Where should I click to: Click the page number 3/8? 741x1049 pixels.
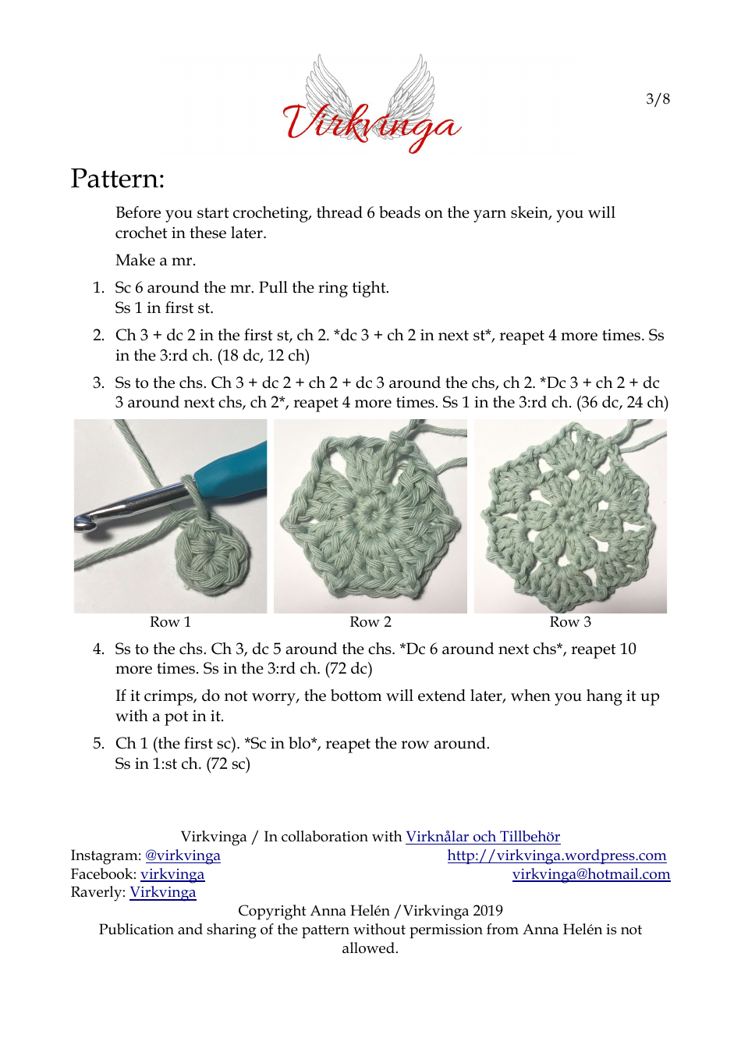coord(658,99)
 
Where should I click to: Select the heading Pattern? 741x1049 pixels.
coord(118,179)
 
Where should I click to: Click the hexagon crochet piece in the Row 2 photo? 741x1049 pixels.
coord(367,524)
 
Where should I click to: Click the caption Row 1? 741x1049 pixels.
coord(170,622)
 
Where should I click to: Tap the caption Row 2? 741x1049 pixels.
coord(370,622)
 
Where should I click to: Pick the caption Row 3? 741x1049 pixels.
coord(570,622)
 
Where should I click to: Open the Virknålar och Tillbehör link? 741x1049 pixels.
coord(483,837)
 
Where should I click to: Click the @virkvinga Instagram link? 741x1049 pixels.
coord(183,855)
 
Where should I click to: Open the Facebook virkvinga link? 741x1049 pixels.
coord(172,874)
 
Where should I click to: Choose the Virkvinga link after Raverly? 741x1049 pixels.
coord(162,892)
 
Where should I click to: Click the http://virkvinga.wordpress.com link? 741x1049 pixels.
coord(557,855)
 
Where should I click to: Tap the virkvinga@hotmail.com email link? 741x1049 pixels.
coord(591,874)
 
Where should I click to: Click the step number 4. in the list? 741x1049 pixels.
coord(98,649)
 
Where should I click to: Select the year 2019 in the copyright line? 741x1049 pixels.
coord(487,911)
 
